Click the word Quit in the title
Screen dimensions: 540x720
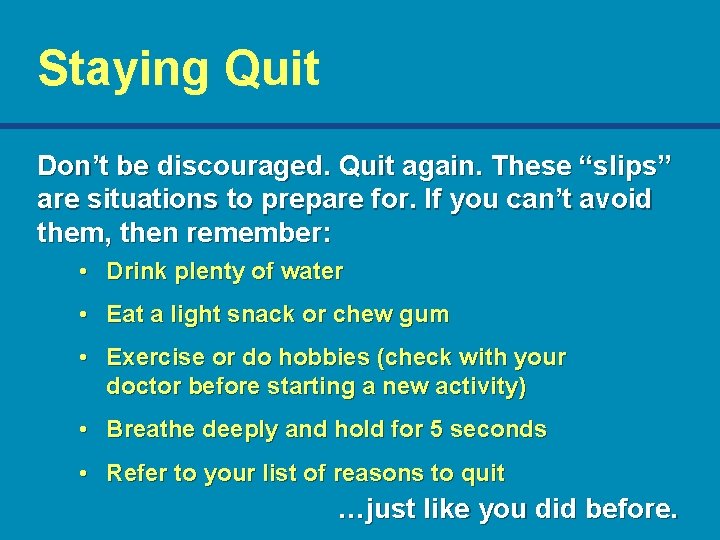click(272, 69)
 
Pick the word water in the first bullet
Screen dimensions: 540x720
click(313, 272)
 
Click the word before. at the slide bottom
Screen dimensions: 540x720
click(629, 509)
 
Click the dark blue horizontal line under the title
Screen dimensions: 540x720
click(360, 126)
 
